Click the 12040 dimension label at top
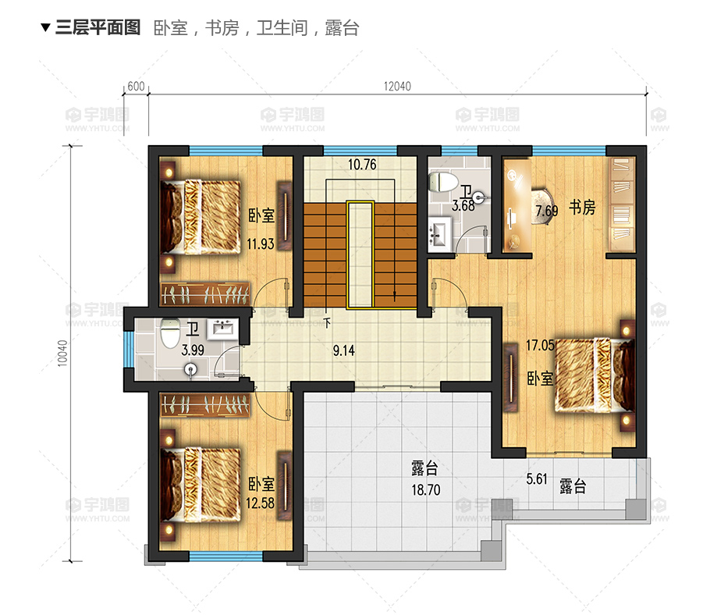[397, 86]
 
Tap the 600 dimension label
[136, 86]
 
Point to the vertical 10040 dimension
[62, 353]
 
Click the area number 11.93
[261, 244]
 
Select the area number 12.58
[260, 503]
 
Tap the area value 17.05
[540, 345]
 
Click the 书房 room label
[582, 208]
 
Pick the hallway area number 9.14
[343, 350]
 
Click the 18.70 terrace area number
[426, 489]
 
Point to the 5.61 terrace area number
[537, 478]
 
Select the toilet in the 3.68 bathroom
[443, 182]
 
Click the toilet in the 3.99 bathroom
[170, 334]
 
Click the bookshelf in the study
[622, 204]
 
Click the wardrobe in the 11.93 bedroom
[205, 294]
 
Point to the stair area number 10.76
[362, 164]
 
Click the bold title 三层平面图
[98, 27]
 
